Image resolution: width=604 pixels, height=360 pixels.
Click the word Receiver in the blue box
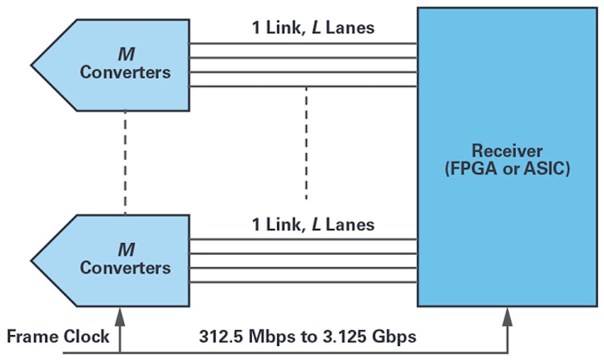point(507,151)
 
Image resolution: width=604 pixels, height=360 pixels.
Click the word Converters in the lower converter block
point(125,268)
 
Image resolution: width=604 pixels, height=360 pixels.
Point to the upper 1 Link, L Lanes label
point(313,27)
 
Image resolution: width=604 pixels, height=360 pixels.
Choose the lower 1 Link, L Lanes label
point(313,225)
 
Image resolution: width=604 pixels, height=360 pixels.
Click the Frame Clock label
point(58,336)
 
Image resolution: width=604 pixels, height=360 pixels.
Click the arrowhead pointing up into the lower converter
point(119,314)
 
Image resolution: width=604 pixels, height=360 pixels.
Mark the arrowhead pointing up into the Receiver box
point(508,314)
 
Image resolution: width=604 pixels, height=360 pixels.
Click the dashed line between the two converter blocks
point(125,162)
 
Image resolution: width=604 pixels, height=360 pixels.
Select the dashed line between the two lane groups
point(306,143)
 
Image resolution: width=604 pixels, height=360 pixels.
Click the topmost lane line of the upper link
point(303,44)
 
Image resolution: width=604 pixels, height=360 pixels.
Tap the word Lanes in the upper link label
point(350,27)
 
